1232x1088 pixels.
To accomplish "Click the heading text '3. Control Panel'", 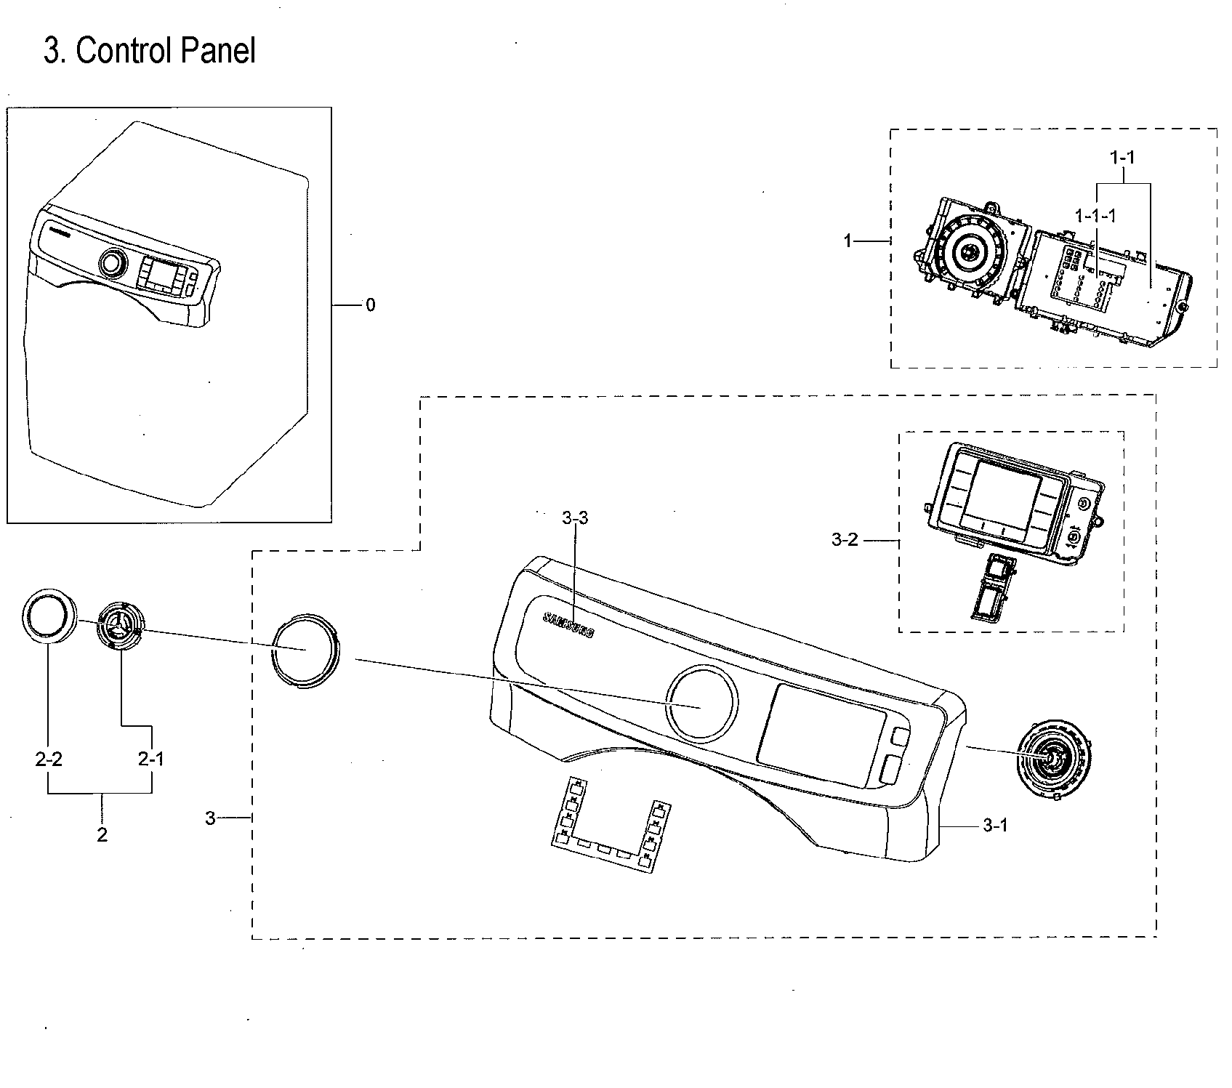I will tap(150, 51).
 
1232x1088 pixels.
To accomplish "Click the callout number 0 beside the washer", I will tap(371, 305).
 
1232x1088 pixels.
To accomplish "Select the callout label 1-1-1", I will tap(1095, 216).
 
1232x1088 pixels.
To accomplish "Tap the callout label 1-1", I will tap(1122, 156).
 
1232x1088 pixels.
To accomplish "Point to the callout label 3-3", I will tap(575, 518).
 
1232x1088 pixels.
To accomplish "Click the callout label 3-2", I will tap(845, 539).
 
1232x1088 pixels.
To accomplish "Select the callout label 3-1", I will tap(995, 825).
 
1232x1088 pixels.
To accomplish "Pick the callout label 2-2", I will tap(48, 759).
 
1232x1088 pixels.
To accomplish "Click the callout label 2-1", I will tap(150, 759).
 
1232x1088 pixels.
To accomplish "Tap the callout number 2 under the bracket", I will tap(102, 835).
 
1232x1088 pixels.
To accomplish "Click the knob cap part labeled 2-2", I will tap(49, 615).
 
